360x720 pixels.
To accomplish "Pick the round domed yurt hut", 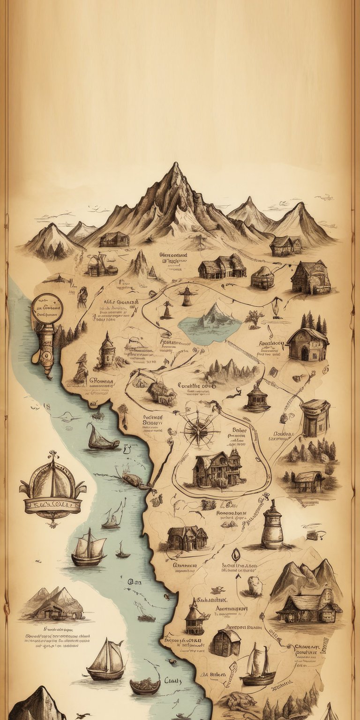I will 262,278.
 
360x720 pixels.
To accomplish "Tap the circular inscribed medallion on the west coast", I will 47,310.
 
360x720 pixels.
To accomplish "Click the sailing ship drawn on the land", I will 257,666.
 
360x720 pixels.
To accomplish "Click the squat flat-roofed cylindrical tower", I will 315,417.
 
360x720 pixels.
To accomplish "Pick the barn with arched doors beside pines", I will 307,345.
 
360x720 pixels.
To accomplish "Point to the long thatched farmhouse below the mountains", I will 222,267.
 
